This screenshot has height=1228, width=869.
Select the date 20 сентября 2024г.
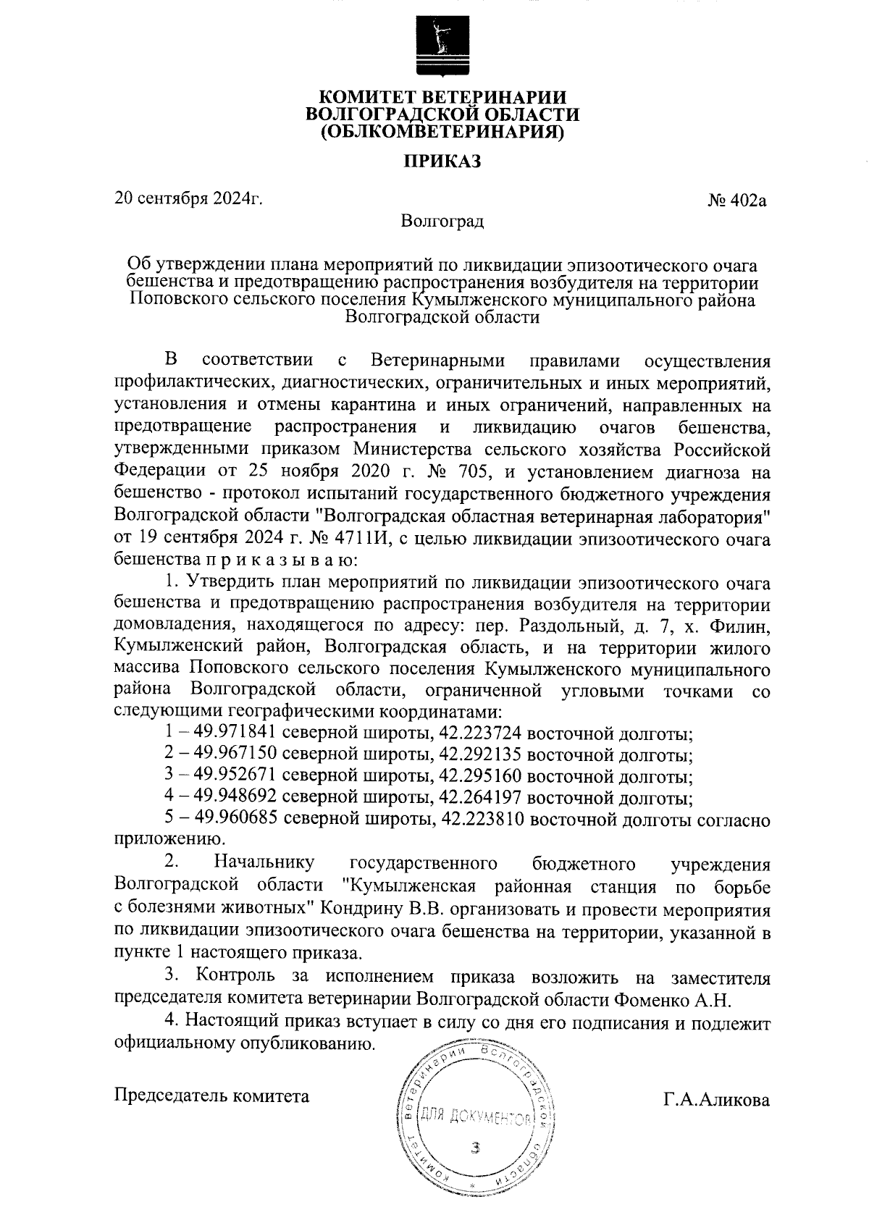click(x=188, y=198)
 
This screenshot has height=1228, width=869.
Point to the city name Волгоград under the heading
click(x=442, y=221)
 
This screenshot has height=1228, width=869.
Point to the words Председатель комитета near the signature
click(x=212, y=1095)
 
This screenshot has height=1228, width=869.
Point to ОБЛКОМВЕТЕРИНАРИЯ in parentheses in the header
click(x=442, y=132)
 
